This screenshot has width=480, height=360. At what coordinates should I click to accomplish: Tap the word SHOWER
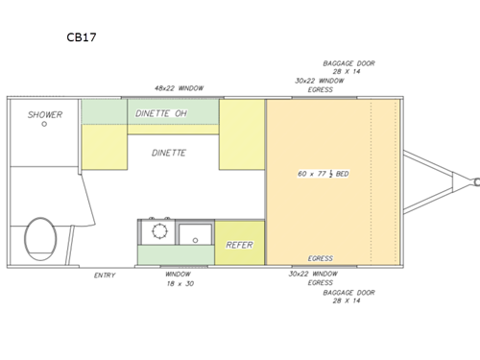point(44,115)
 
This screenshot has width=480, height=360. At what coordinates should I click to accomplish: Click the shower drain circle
point(44,135)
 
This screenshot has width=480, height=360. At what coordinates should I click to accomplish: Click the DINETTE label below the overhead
point(170,153)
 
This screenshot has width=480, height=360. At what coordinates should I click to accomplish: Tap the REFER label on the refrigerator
point(238,246)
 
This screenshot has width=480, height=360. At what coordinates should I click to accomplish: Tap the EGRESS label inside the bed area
point(320,258)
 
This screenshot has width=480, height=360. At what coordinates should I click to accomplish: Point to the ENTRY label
point(105,276)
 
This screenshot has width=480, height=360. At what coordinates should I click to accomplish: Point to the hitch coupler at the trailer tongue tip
point(474,179)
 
